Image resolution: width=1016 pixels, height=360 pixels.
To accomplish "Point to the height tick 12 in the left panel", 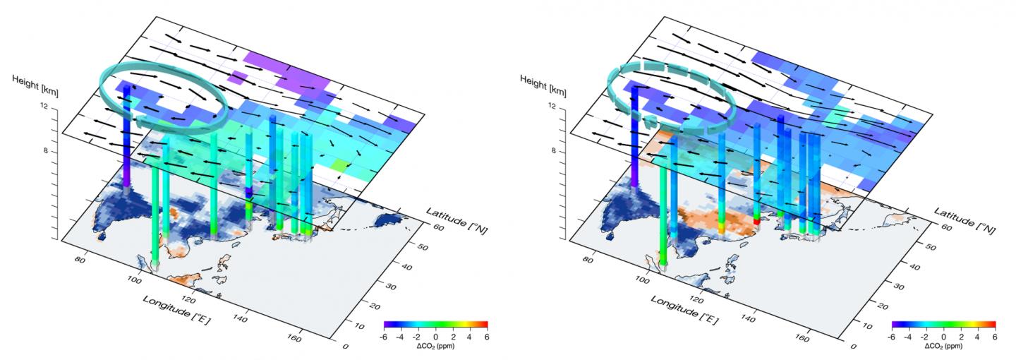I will [x=45, y=106].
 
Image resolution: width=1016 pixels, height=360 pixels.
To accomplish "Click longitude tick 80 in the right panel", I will [x=586, y=259].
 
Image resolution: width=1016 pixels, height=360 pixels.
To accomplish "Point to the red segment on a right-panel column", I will [x=757, y=221].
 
